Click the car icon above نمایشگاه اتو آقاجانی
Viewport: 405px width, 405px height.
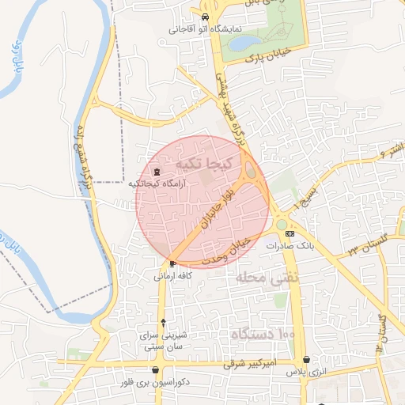click(x=205, y=17)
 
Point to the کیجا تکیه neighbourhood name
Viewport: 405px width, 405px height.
click(x=204, y=163)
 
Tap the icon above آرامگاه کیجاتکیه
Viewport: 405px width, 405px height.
click(x=156, y=172)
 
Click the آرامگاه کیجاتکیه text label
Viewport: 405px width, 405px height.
click(x=156, y=184)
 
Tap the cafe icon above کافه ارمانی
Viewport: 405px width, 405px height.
click(x=172, y=263)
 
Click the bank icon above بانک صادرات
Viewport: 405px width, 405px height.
click(x=290, y=233)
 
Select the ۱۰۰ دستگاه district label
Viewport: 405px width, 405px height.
click(x=263, y=335)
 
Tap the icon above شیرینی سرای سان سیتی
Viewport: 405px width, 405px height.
click(x=163, y=323)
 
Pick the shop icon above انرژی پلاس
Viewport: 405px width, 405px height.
click(x=306, y=360)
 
